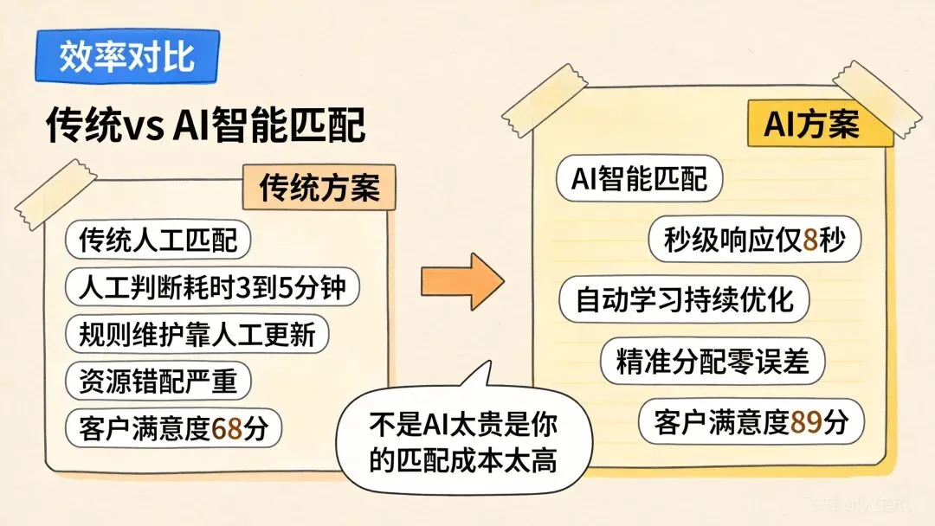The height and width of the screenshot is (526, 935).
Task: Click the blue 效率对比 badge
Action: (x=126, y=58)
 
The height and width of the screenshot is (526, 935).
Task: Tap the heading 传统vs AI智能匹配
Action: (x=205, y=126)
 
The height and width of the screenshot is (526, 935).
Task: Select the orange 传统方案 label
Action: (x=319, y=186)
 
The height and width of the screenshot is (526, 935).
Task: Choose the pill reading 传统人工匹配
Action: (x=158, y=240)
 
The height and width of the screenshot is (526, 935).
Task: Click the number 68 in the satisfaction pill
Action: (x=226, y=428)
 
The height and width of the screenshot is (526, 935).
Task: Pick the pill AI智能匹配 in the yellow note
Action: (x=640, y=178)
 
